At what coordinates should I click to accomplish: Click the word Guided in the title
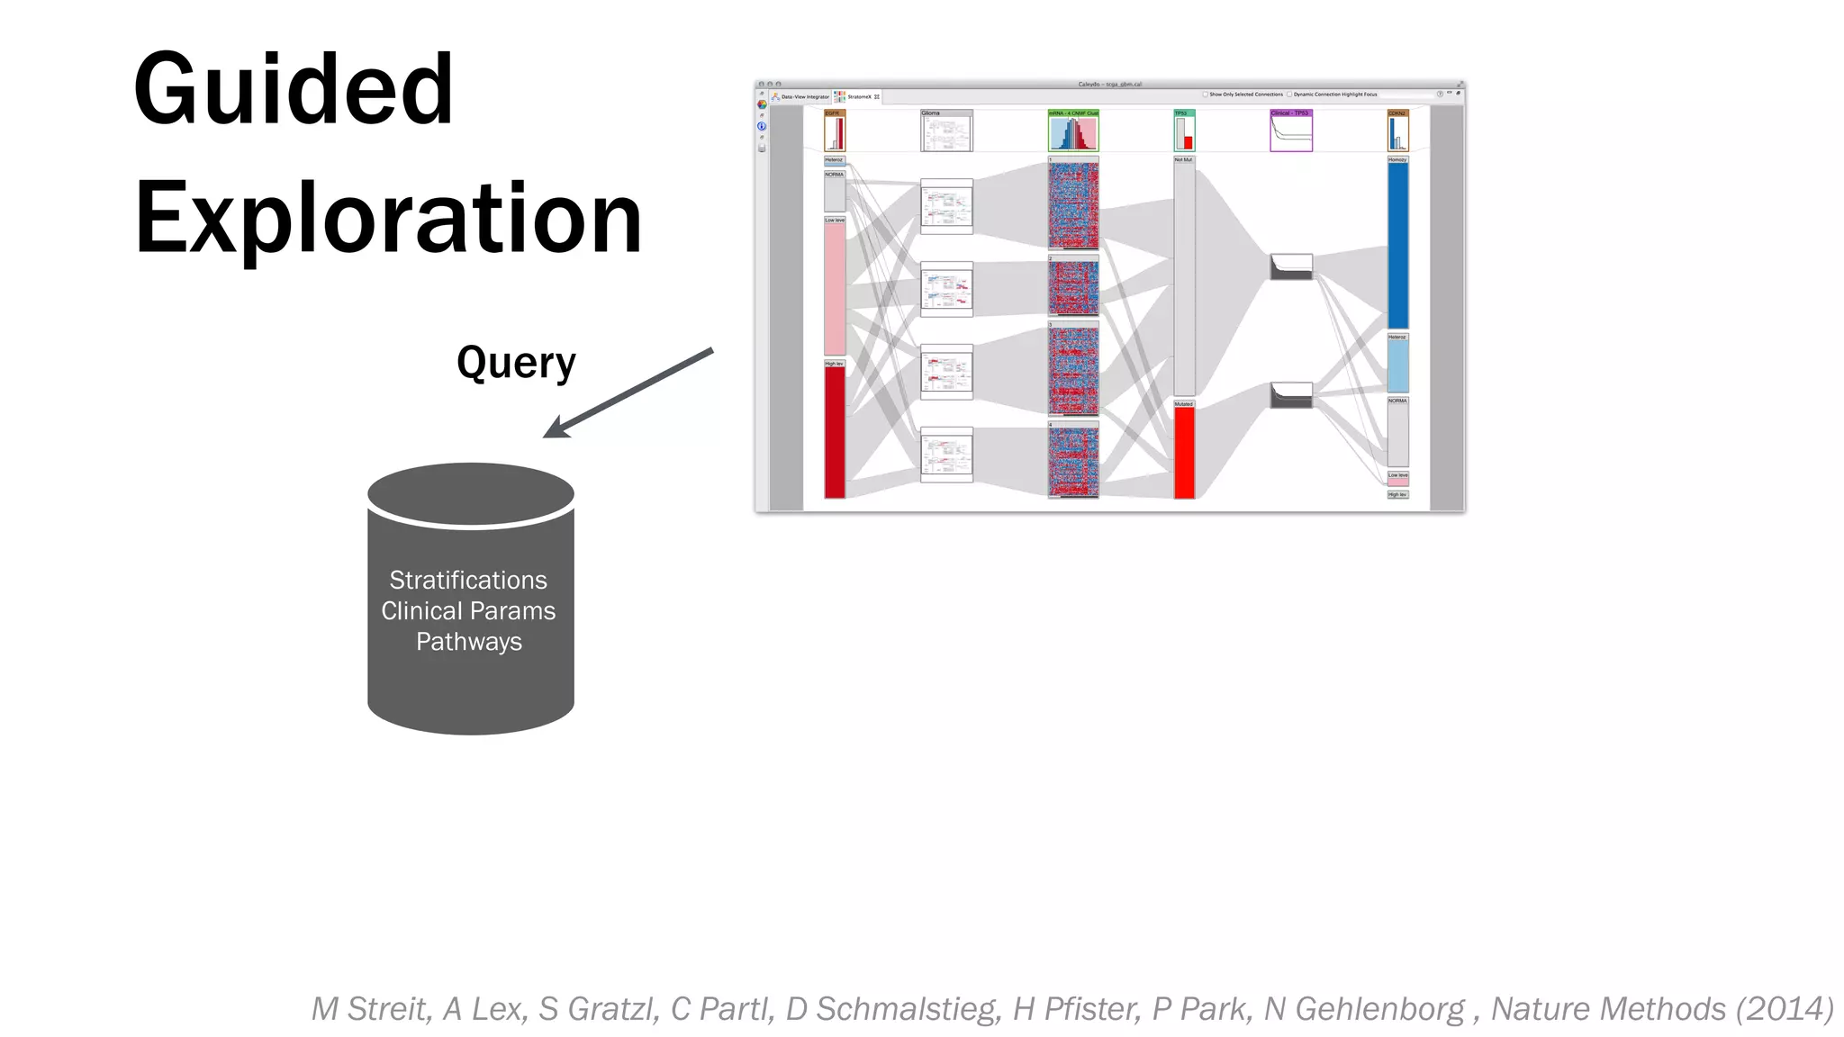(294, 90)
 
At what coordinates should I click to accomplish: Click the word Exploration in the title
(388, 218)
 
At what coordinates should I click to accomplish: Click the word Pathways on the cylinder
(469, 642)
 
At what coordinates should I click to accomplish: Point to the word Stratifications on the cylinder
(468, 580)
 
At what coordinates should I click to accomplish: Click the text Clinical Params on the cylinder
(468, 611)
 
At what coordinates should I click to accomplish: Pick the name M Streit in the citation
(371, 1009)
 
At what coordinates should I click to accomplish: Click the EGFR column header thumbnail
(835, 131)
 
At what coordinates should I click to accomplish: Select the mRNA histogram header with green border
(1073, 131)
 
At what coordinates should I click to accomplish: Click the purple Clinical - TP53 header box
(1291, 131)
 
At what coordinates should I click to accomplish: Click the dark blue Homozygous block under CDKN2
(1397, 245)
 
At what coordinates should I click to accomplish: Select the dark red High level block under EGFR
(835, 432)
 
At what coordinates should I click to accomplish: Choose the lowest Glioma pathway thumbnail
(946, 455)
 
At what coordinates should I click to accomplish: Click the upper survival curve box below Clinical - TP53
(1291, 266)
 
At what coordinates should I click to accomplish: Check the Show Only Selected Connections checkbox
(1206, 95)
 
